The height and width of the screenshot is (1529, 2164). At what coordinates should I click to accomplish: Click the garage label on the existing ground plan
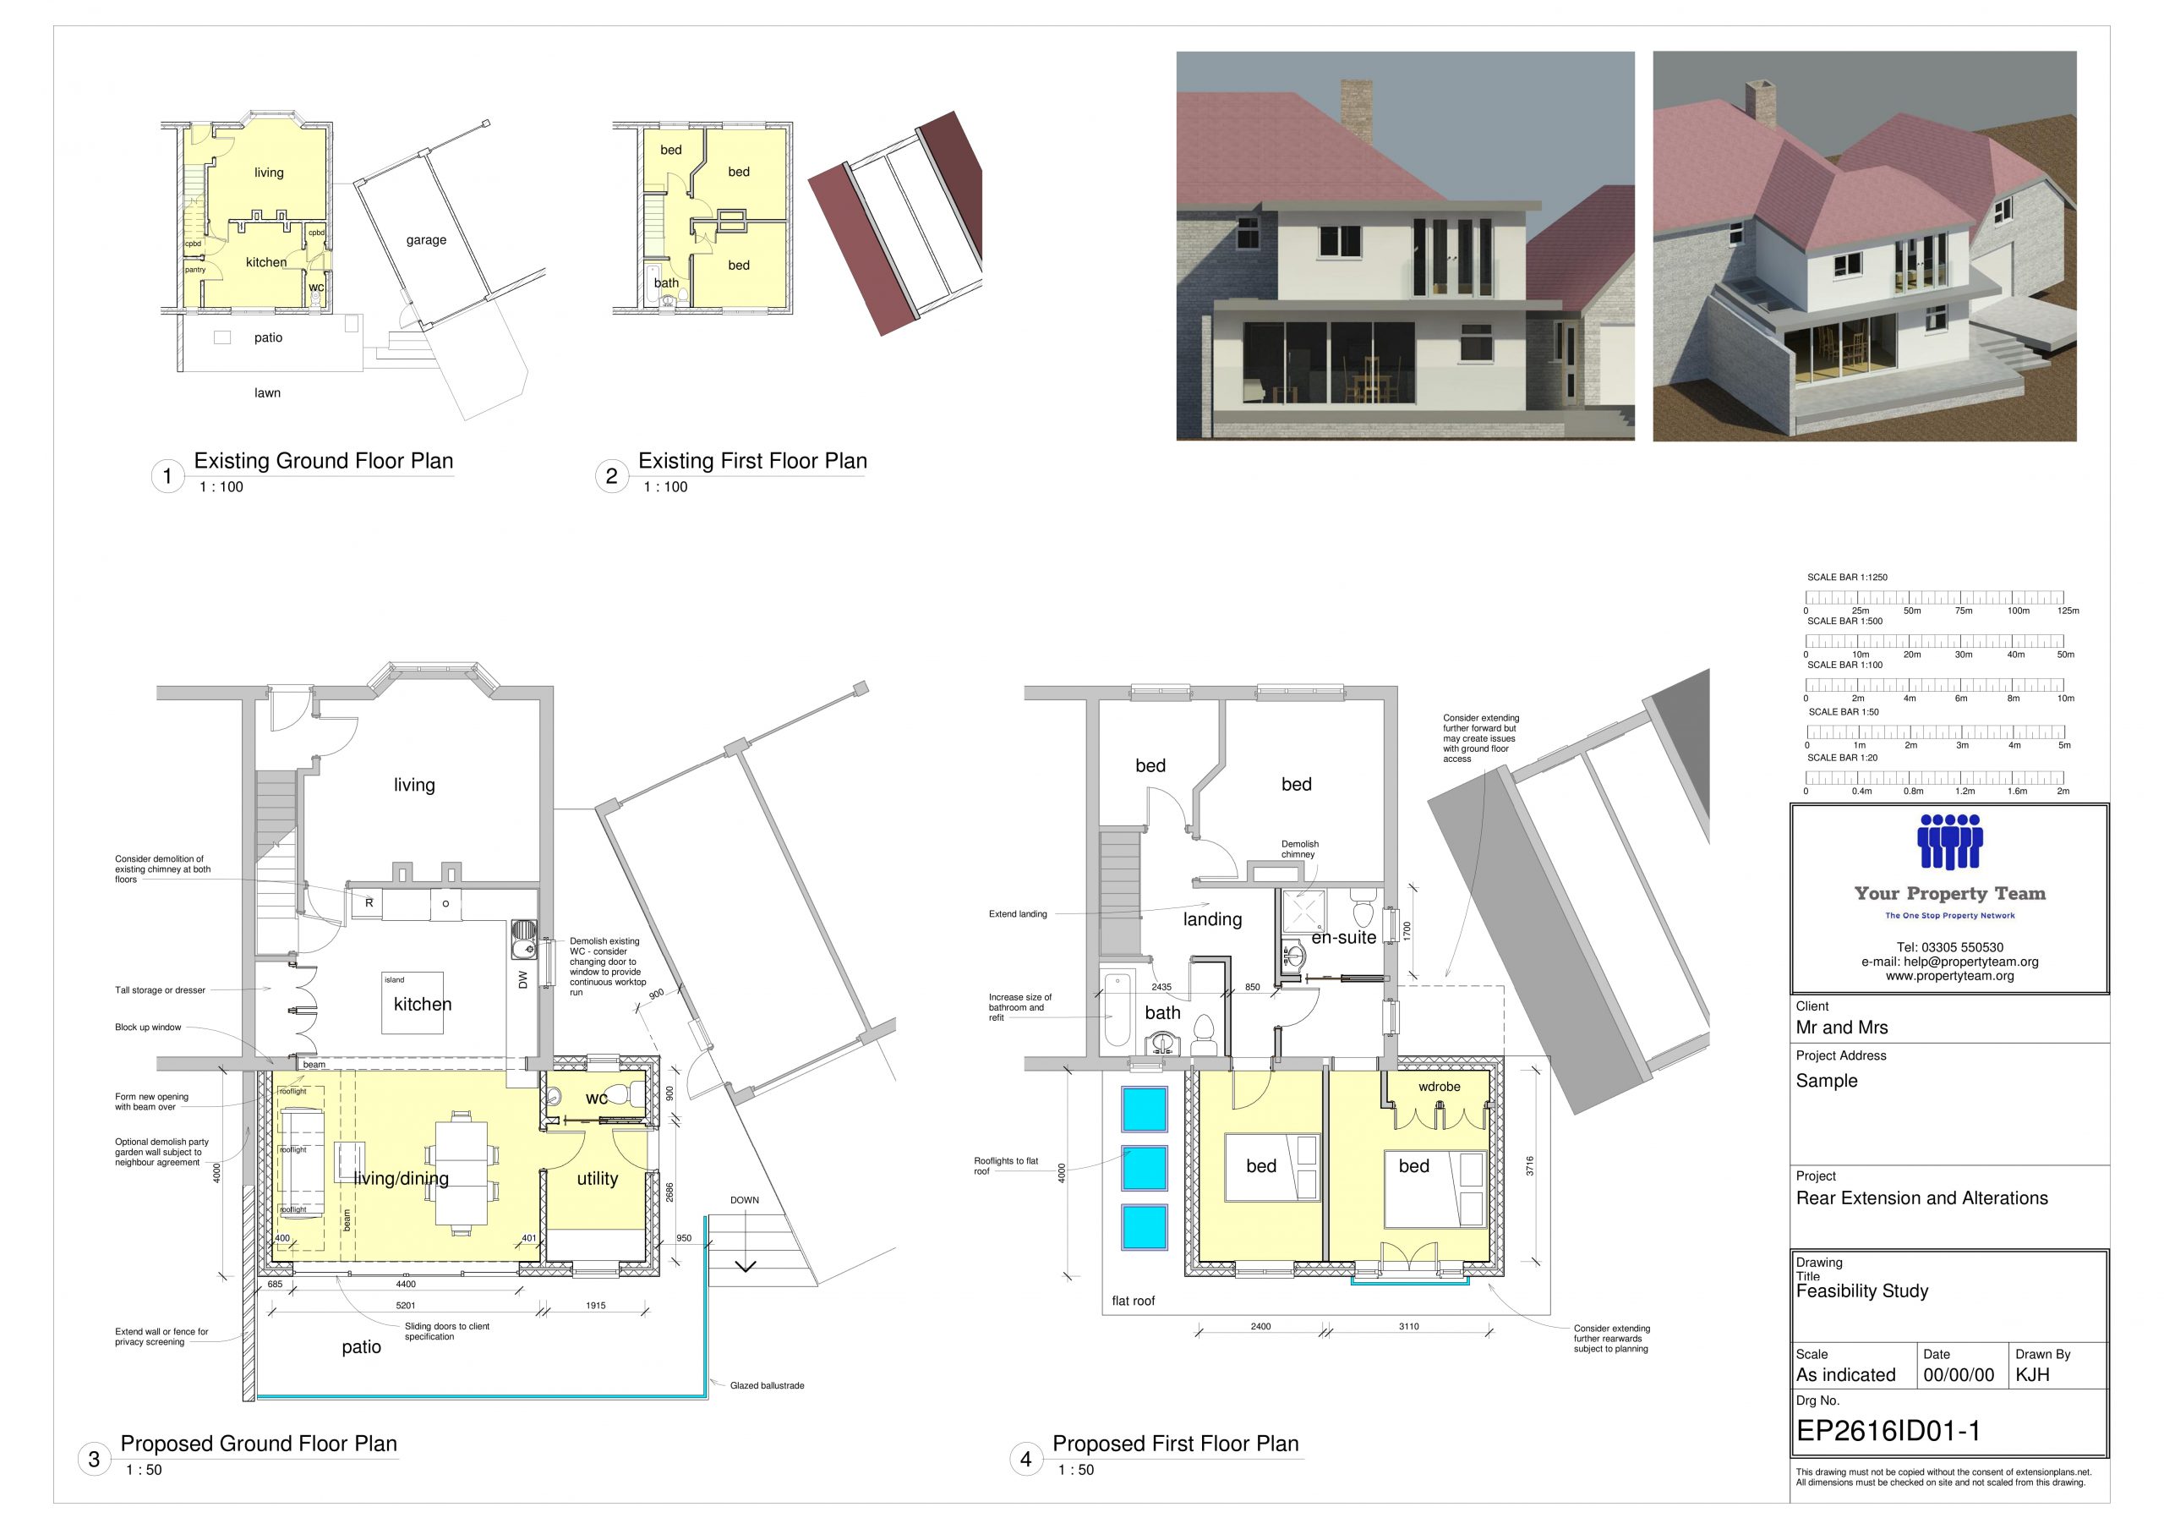click(x=426, y=240)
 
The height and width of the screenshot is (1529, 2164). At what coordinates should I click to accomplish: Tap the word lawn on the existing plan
click(x=268, y=393)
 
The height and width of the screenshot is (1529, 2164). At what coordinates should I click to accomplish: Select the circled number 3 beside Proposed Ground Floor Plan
click(x=94, y=1460)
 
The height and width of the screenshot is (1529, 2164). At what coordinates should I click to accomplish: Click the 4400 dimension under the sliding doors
click(x=405, y=1284)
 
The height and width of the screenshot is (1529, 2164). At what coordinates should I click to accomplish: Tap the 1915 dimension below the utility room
click(x=596, y=1306)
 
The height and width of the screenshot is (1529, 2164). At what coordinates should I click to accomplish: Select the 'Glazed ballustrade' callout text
click(x=768, y=1386)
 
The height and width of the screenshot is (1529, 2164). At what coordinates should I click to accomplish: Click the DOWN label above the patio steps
click(x=745, y=1200)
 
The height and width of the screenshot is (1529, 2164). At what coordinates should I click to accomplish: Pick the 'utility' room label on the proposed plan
click(x=598, y=1178)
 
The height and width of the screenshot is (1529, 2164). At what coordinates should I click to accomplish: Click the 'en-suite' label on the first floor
click(x=1344, y=937)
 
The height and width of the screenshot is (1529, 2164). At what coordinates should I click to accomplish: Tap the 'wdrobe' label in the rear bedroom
click(x=1440, y=1087)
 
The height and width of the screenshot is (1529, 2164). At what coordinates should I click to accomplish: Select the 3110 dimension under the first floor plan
click(x=1409, y=1326)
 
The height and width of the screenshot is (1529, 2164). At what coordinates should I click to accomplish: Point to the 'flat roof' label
click(x=1133, y=1301)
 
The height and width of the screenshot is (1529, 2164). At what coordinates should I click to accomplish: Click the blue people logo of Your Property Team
click(x=1950, y=841)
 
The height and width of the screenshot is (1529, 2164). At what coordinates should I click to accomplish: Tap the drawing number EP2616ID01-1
click(x=1888, y=1431)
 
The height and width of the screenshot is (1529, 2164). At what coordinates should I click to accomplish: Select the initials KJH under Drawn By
click(x=2033, y=1374)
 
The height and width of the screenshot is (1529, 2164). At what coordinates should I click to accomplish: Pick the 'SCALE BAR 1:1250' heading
click(x=1847, y=577)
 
